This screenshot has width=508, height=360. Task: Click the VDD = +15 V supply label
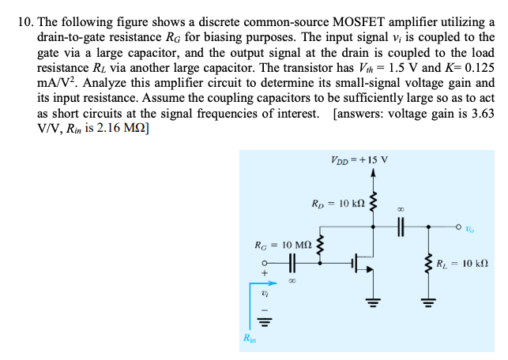point(360,160)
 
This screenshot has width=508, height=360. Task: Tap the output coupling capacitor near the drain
point(400,225)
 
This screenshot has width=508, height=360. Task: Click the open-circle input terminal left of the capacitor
point(266,263)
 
